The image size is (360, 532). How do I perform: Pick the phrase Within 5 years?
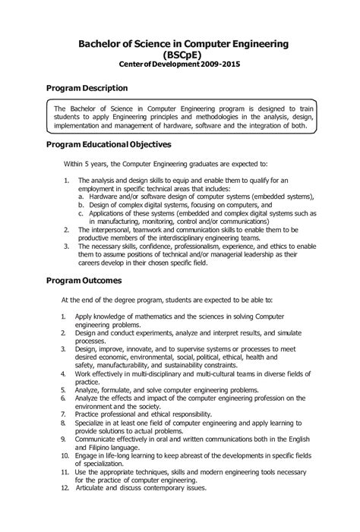pos(89,163)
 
